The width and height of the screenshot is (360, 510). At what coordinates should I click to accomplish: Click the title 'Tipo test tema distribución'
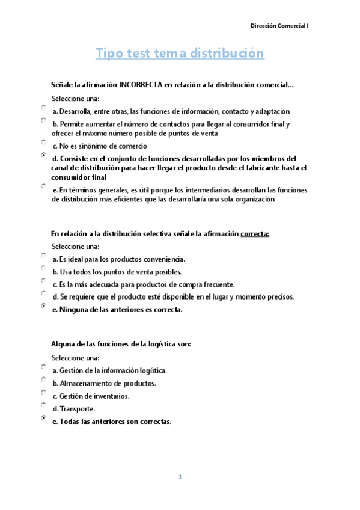click(x=180, y=54)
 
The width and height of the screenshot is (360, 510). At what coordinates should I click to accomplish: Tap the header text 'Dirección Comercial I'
click(x=279, y=26)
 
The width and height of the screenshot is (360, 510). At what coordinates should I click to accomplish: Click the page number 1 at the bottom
click(x=180, y=477)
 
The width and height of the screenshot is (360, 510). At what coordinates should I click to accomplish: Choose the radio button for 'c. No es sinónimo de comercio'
click(x=44, y=143)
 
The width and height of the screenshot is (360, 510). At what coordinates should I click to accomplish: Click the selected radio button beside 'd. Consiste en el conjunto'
click(x=44, y=155)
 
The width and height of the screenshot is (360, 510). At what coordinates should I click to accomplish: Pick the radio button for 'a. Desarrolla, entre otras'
click(x=44, y=108)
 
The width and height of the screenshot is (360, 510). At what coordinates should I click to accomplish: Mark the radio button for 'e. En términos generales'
click(x=44, y=186)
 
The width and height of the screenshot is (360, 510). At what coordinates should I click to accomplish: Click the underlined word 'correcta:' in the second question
click(x=255, y=234)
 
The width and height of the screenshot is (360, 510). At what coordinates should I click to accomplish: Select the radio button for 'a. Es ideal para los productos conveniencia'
click(x=44, y=256)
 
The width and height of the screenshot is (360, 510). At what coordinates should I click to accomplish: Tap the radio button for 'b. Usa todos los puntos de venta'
click(x=44, y=268)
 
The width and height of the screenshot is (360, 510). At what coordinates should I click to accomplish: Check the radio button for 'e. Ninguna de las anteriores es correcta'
click(x=44, y=306)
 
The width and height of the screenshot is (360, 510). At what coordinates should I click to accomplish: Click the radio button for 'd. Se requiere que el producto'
click(x=44, y=293)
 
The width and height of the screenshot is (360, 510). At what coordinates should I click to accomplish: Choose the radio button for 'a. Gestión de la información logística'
click(x=44, y=367)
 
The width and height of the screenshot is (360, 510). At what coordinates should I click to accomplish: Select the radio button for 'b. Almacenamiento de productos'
click(x=44, y=379)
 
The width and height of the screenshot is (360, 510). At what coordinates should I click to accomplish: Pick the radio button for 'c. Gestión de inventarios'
click(x=44, y=392)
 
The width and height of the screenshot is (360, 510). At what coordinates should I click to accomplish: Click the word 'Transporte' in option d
click(x=78, y=409)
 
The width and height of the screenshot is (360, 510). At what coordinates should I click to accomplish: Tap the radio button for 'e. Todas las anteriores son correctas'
click(x=44, y=417)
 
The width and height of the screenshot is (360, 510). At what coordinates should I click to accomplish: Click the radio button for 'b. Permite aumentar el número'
click(x=44, y=120)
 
